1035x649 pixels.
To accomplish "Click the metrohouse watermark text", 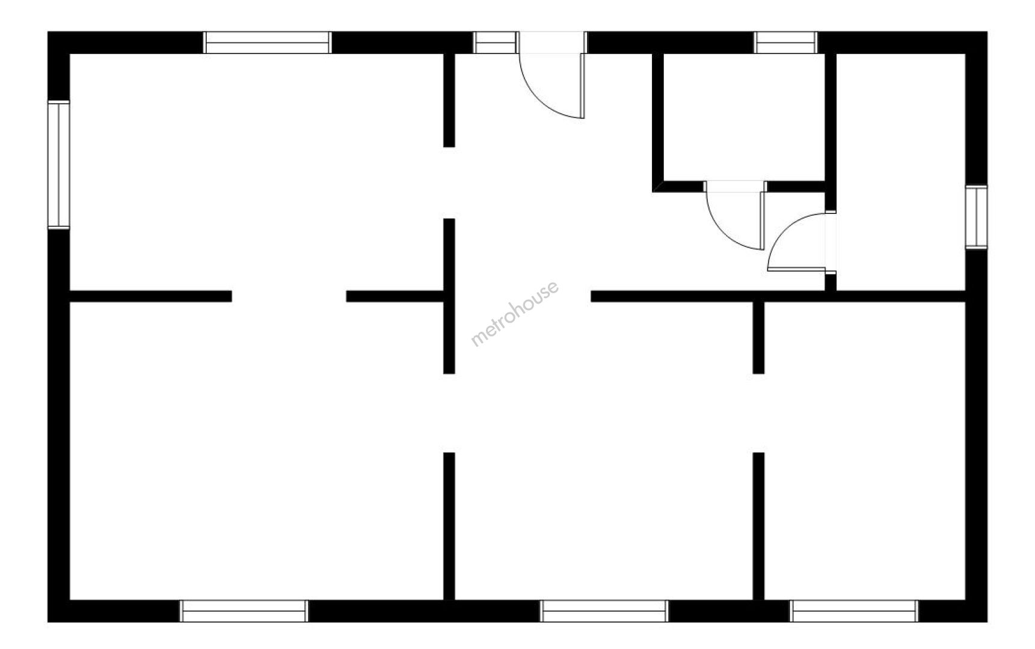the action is [515, 314].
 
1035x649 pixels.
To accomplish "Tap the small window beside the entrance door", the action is [496, 42].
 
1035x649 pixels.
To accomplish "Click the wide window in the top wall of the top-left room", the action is [268, 42].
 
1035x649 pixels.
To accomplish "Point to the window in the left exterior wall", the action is [59, 165].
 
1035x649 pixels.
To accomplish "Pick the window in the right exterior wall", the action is [977, 218].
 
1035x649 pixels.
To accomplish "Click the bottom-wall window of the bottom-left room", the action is [244, 611].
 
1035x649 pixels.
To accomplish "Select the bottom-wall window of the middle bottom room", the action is [604, 611].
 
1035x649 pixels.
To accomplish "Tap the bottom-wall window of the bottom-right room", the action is [854, 611].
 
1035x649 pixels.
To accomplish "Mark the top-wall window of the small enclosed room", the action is [786, 42].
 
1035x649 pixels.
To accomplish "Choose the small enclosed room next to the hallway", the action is [744, 117].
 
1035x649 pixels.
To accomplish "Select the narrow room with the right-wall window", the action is [901, 172].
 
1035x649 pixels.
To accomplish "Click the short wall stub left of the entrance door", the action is [449, 100].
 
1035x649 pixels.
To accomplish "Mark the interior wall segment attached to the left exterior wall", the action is [151, 296].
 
